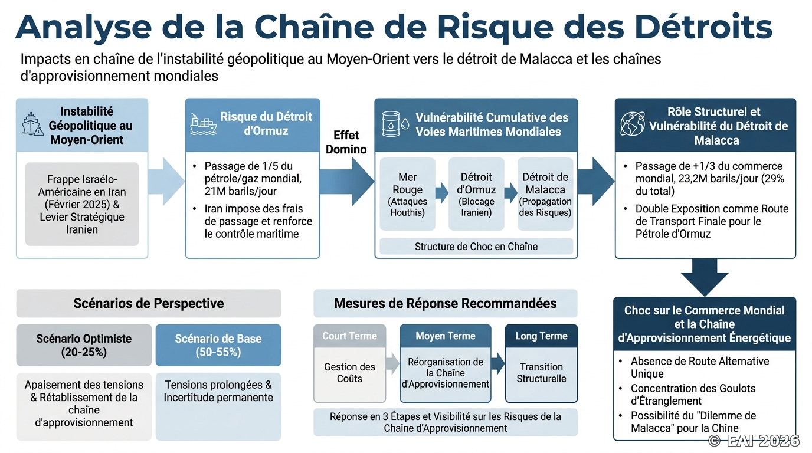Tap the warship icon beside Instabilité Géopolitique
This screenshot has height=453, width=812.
click(x=32, y=124)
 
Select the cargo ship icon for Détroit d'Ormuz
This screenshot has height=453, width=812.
click(x=204, y=124)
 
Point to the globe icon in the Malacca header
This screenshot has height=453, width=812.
click(x=632, y=124)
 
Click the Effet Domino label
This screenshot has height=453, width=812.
click(x=346, y=142)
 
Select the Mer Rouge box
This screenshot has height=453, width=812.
click(x=407, y=194)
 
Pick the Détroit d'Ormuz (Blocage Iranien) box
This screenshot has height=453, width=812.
click(x=476, y=194)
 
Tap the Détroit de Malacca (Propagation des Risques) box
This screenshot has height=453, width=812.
click(x=545, y=194)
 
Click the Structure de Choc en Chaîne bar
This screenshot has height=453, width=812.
click(x=476, y=247)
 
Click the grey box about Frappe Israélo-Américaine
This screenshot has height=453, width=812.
click(x=82, y=204)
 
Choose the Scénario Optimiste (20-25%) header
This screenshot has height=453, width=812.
click(x=84, y=345)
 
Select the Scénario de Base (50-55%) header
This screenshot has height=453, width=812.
click(x=218, y=345)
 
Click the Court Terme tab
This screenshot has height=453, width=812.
click(x=350, y=336)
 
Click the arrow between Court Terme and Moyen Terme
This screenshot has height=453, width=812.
click(x=392, y=363)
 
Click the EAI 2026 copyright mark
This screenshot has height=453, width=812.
click(x=754, y=441)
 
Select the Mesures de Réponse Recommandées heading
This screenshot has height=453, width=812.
click(x=445, y=303)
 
